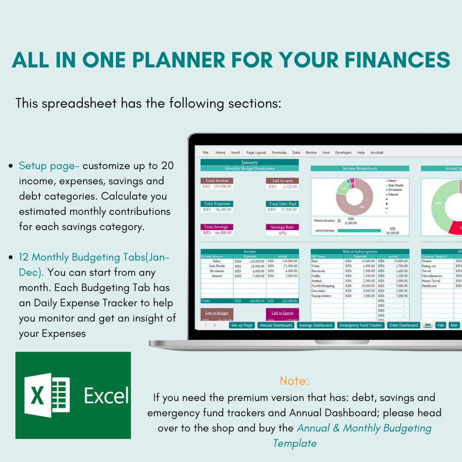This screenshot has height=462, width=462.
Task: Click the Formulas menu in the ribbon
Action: (x=279, y=152)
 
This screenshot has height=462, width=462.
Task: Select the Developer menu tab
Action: (x=343, y=152)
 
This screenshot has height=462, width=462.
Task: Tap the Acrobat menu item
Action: (x=377, y=152)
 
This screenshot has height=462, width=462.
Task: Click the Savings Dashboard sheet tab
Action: (x=316, y=325)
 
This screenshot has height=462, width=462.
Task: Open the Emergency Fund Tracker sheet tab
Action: (x=360, y=325)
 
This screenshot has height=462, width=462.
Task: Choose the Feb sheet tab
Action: (x=441, y=325)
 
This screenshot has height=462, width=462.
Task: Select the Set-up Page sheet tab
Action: (x=242, y=325)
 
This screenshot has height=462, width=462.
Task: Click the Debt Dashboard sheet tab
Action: (x=404, y=325)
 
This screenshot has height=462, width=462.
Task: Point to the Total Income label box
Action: (x=217, y=181)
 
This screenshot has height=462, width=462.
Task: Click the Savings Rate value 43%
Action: (x=282, y=233)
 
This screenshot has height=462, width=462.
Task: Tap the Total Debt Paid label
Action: (x=282, y=204)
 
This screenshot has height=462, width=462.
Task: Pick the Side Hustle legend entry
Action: (x=395, y=185)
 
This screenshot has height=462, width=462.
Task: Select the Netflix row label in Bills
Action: (x=318, y=276)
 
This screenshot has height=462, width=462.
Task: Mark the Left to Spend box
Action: (x=282, y=313)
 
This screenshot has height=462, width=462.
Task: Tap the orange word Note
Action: (x=294, y=381)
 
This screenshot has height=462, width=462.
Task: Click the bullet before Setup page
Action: (x=10, y=166)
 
